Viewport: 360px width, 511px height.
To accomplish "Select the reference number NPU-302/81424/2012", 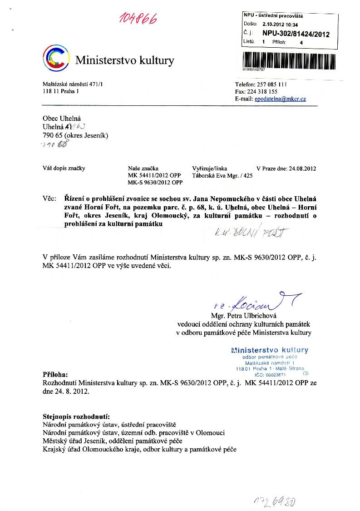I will [x=296, y=34].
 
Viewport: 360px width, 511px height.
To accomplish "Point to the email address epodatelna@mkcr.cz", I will [x=280, y=99].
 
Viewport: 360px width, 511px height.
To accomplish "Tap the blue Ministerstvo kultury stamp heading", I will [x=270, y=350].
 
